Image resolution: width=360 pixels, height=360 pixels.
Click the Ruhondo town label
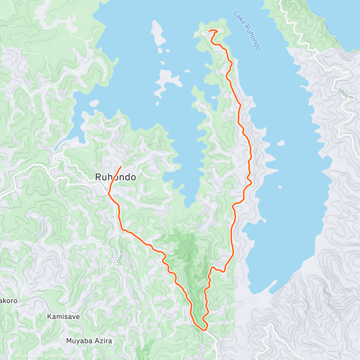pos(115,177)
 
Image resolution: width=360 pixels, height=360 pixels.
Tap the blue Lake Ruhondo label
pos(247,31)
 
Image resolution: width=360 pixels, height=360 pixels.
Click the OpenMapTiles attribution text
pos(29,356)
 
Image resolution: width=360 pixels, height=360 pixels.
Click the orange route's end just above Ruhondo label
pos(121,166)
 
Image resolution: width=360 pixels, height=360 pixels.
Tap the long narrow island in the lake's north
pos(158,33)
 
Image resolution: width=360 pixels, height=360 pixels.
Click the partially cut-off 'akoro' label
pos(8,301)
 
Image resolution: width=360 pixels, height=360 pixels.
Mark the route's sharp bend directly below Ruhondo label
pos(109,194)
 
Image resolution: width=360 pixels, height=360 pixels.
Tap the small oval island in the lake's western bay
pos(94,103)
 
